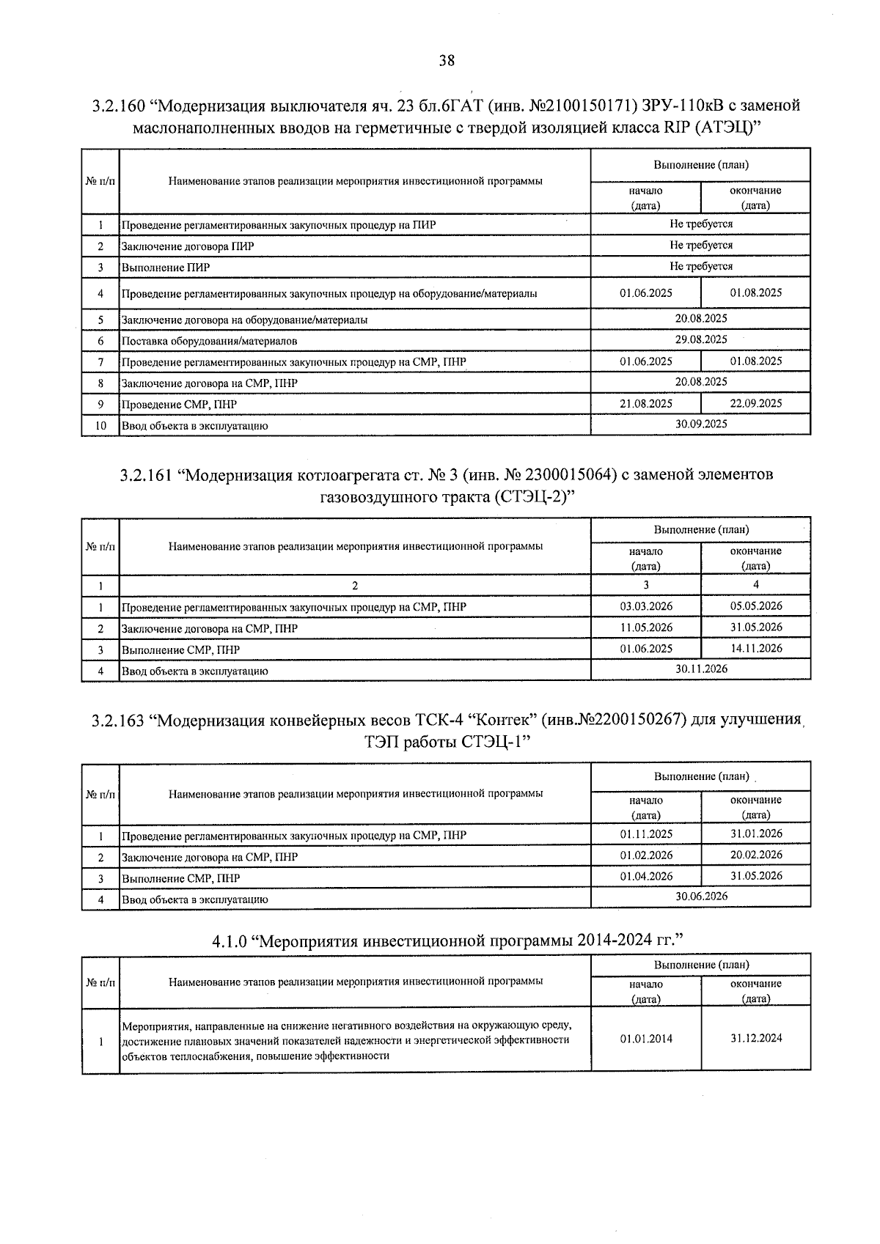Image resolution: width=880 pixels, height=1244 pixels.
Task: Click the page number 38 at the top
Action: [447, 61]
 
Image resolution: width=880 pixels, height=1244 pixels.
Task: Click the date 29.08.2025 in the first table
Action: [701, 339]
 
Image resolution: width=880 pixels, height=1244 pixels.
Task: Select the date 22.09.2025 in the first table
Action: [756, 403]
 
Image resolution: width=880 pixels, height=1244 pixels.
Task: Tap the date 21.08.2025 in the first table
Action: [645, 403]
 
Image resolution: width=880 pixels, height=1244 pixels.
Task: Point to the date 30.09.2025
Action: [701, 424]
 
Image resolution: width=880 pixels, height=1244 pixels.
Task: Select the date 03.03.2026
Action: [645, 606]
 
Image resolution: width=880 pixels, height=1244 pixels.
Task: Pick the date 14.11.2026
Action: [756, 648]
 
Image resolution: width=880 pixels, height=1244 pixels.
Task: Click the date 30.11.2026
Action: [701, 669]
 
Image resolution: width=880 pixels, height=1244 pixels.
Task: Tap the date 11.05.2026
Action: [645, 627]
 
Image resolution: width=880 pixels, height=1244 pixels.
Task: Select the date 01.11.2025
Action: [645, 834]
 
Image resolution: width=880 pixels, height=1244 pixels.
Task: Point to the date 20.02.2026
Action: [756, 855]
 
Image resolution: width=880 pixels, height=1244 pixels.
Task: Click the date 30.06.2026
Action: [701, 897]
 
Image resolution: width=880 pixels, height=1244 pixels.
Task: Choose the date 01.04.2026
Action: [645, 876]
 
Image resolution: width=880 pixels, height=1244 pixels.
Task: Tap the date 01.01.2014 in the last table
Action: [645, 1039]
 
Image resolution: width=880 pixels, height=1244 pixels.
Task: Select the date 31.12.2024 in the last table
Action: [756, 1039]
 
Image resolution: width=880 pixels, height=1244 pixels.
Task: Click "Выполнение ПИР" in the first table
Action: [166, 268]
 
